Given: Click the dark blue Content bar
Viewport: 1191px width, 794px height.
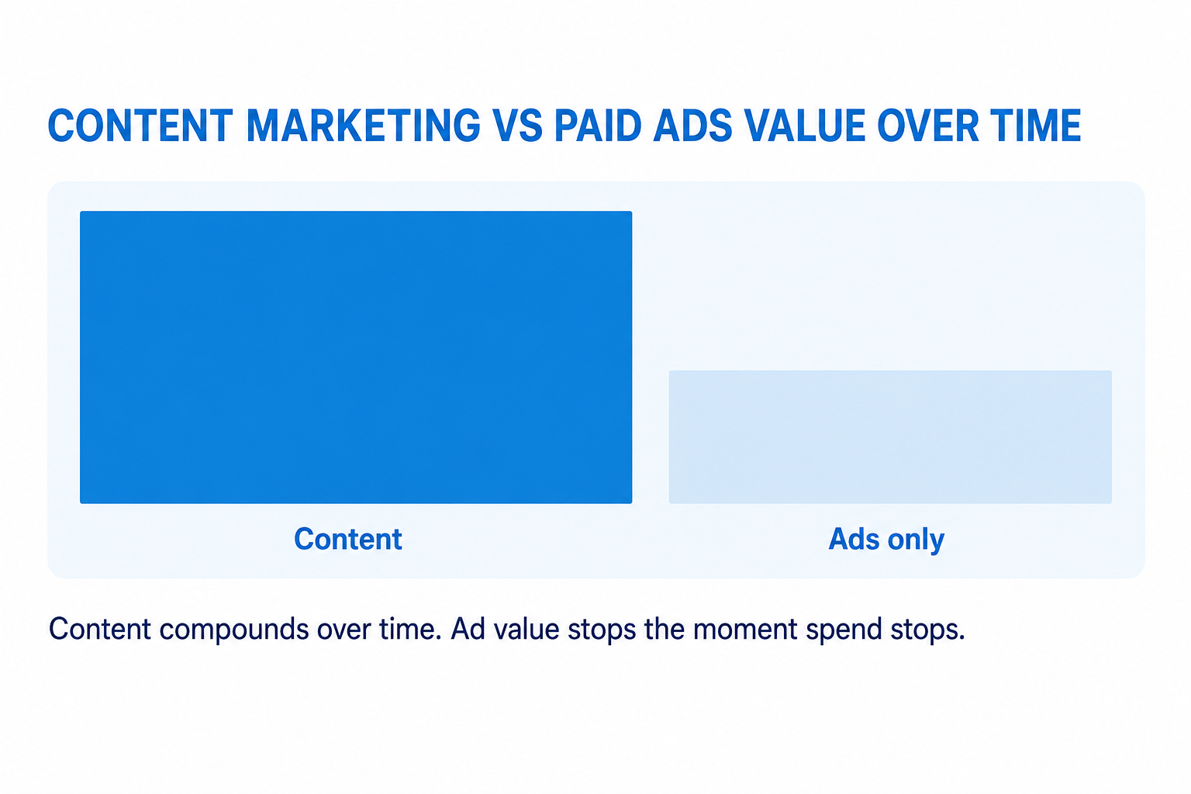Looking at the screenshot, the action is pos(356,357).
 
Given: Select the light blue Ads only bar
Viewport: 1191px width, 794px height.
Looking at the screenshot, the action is pos(890,437).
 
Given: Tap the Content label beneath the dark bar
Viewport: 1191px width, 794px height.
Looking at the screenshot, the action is pos(347,539).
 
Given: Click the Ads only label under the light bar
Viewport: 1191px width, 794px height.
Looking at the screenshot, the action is pos(886,540).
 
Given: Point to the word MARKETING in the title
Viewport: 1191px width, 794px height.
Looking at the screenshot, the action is pos(363,126).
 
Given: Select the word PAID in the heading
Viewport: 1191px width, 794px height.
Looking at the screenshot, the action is pos(598,126).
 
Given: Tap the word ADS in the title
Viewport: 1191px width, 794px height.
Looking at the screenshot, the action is pos(692,126).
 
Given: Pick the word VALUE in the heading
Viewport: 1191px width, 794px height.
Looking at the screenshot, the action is pos(805,126).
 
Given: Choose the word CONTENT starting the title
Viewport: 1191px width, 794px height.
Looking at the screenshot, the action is pos(141,126).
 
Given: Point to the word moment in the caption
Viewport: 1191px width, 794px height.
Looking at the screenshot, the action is pos(745,629).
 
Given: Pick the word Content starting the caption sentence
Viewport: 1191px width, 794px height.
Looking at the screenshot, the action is pos(100,628).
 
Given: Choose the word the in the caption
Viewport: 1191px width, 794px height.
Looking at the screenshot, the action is pos(664,628).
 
